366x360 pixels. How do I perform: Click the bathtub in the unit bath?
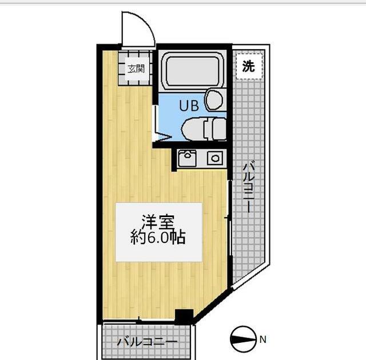[x=191, y=71]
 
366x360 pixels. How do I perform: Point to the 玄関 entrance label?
[x=136, y=69]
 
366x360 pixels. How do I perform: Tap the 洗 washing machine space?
[x=248, y=66]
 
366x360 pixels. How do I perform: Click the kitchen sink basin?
[x=187, y=158]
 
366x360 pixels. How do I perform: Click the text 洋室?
[x=158, y=221]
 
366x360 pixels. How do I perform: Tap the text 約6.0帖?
[x=158, y=238]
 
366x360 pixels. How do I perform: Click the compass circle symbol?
[x=244, y=340]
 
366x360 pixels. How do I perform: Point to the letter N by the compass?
[x=262, y=340]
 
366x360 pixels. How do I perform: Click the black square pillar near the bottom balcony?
[x=184, y=316]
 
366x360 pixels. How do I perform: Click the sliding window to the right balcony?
[x=229, y=223]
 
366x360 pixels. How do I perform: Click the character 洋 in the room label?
[x=149, y=221]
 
